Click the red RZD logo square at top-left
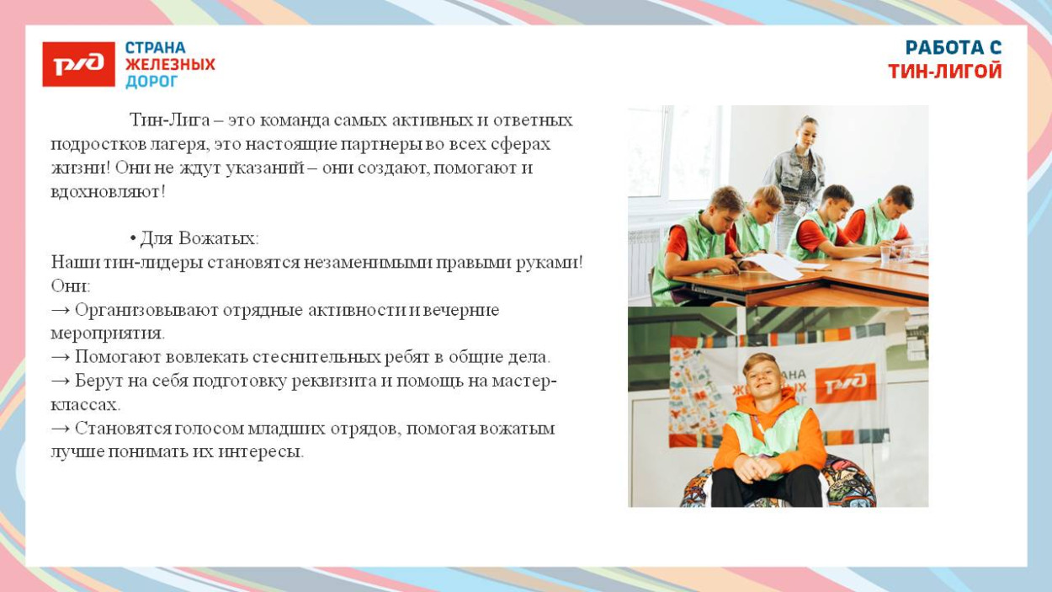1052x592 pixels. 78,64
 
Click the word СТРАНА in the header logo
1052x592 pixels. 156,48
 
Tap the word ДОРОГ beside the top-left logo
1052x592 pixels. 151,82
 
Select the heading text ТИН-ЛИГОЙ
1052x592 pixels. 944,72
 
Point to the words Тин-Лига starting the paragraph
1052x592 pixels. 169,120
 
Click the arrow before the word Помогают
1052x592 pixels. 60,357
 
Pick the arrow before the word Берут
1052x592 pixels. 60,381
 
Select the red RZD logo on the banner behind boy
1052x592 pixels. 845,383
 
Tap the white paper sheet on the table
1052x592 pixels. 773,266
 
